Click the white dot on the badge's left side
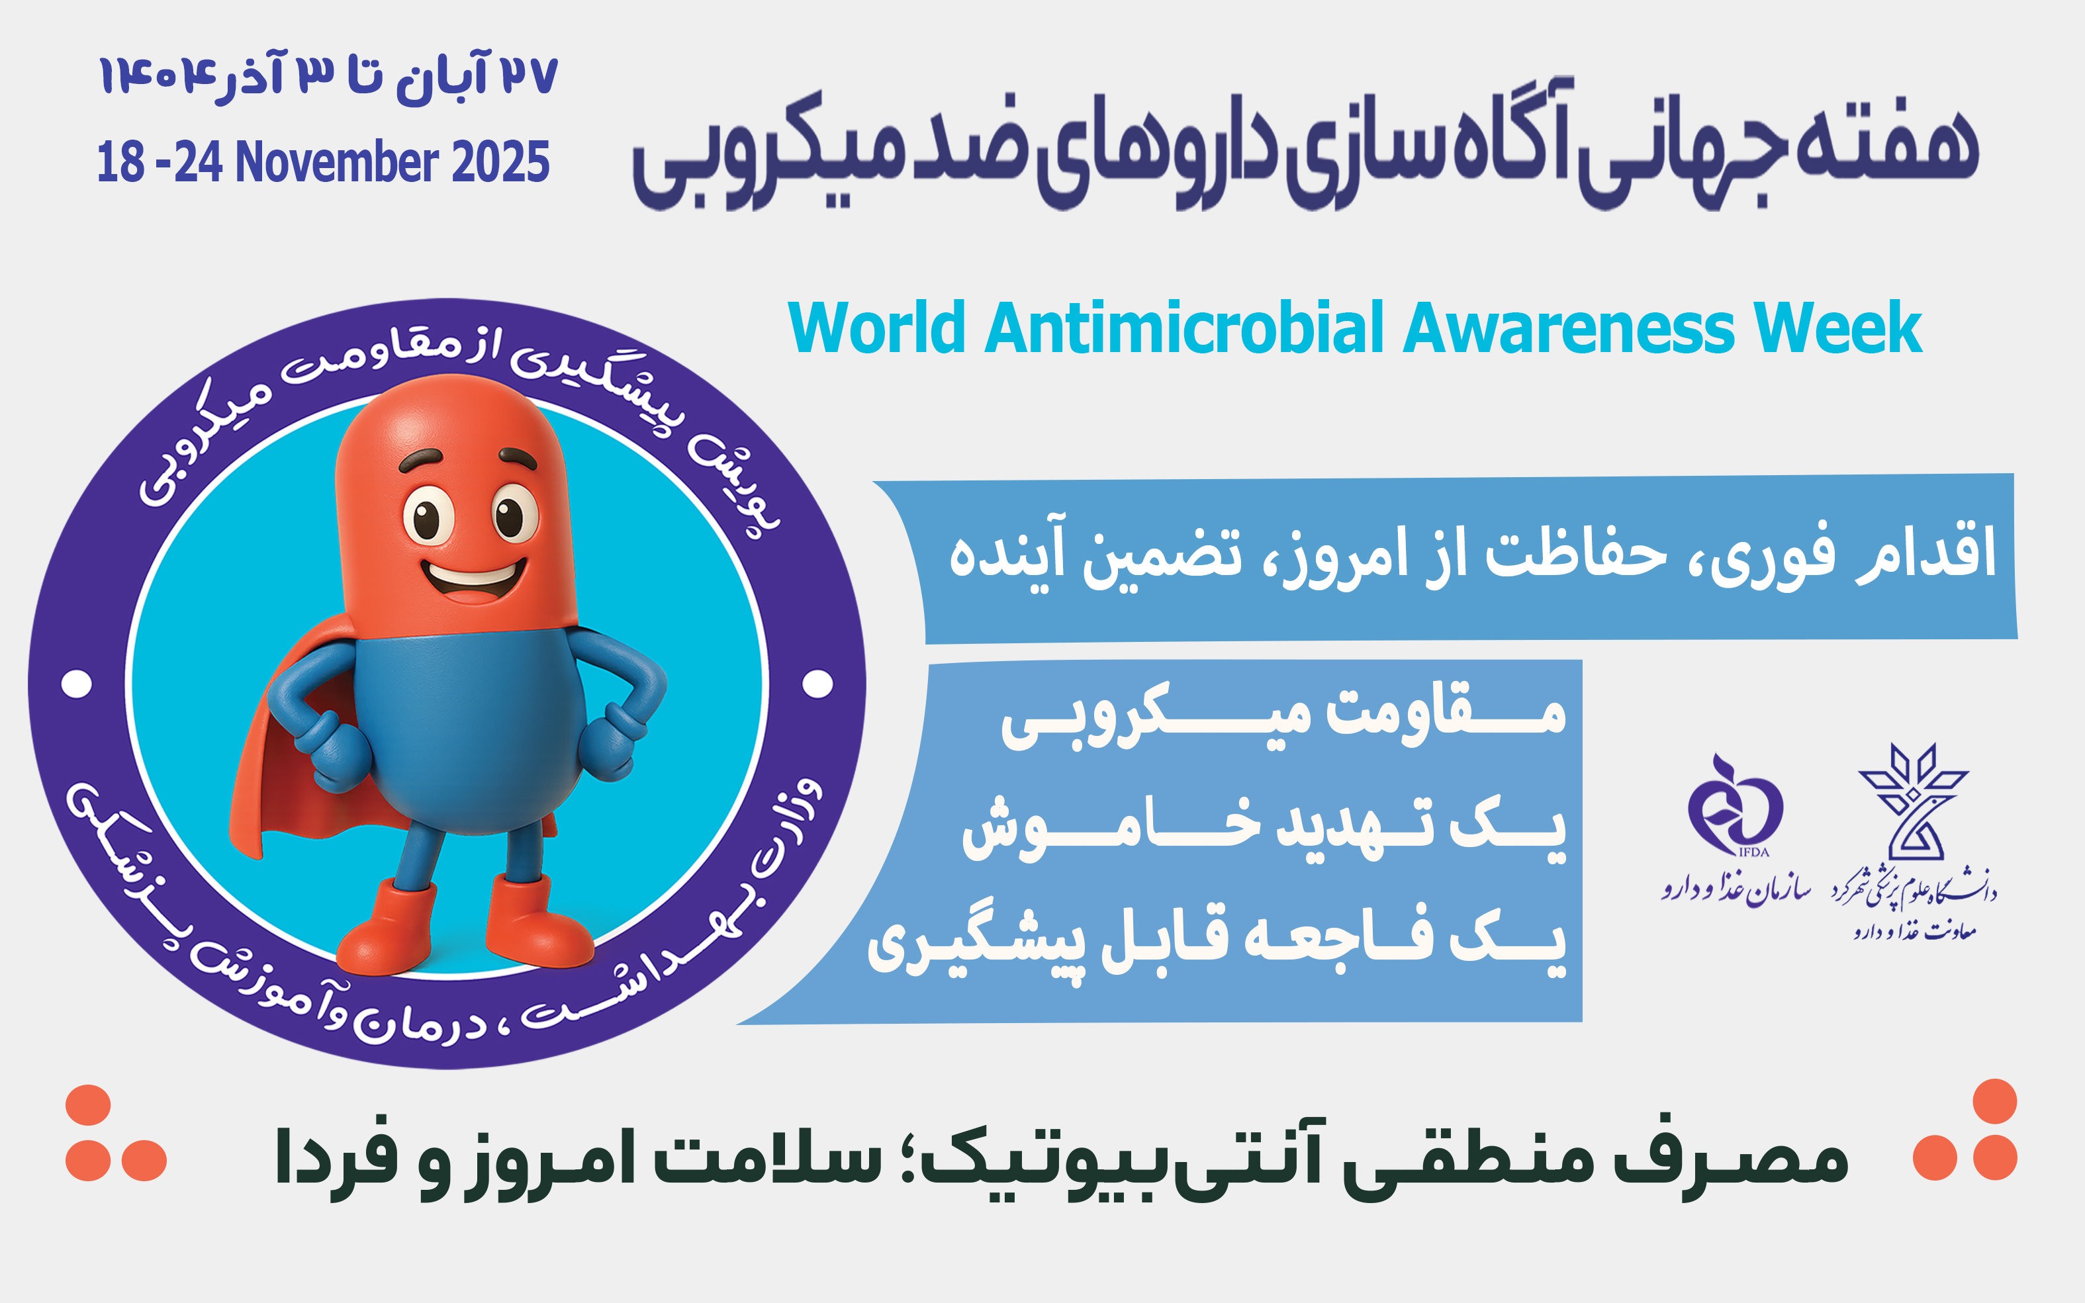tap(77, 684)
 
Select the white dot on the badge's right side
tap(817, 684)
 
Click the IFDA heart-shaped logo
tap(1734, 804)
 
